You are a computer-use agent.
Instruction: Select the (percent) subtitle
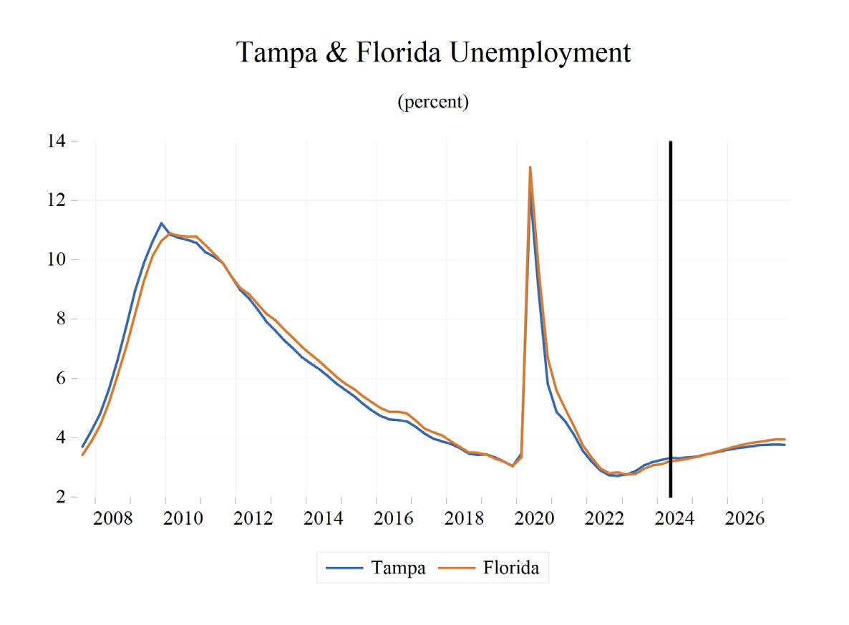point(433,101)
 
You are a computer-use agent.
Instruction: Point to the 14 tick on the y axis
point(57,141)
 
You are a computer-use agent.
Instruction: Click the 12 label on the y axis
point(57,200)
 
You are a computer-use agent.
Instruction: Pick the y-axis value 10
point(57,259)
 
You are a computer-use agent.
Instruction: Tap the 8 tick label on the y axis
point(60,319)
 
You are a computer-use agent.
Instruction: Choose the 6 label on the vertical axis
point(60,378)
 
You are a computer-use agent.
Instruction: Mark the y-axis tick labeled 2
point(60,497)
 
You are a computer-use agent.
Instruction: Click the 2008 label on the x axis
point(112,518)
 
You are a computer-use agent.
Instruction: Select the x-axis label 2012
point(253,518)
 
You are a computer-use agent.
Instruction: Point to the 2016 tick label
point(394,518)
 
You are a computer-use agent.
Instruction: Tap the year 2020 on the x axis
point(534,518)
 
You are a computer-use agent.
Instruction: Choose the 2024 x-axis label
point(674,518)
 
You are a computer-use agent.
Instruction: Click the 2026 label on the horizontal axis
point(744,518)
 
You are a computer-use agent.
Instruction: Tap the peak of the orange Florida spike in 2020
point(530,168)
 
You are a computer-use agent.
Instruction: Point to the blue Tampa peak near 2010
point(161,223)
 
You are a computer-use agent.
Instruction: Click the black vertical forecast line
point(671,319)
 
